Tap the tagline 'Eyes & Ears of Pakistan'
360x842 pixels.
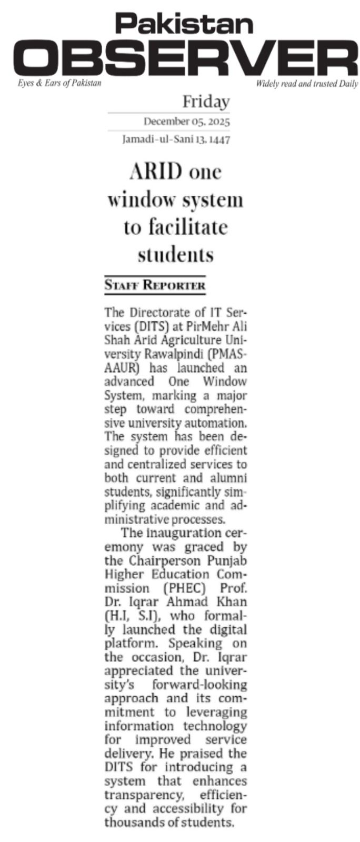[x=59, y=83]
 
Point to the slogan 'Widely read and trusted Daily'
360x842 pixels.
[x=307, y=84]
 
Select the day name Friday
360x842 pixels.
[x=206, y=102]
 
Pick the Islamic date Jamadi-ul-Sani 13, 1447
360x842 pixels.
[x=176, y=140]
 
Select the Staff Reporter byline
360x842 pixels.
[x=155, y=286]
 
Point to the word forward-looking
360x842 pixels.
[x=199, y=685]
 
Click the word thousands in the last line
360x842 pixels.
[x=133, y=822]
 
